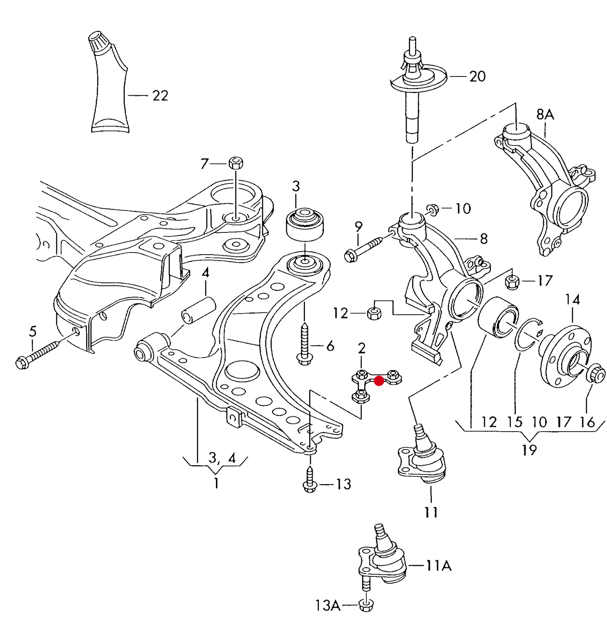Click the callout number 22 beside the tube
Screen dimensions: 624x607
160,96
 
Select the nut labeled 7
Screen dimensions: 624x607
236,162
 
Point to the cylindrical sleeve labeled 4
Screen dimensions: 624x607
198,311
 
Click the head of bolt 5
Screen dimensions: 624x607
22,362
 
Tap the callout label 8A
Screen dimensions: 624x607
545,114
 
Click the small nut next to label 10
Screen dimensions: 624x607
433,208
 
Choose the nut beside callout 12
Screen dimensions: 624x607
373,313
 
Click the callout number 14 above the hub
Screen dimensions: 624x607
572,300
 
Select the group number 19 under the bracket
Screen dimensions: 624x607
529,450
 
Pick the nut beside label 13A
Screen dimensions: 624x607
366,605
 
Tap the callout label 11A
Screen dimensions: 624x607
439,566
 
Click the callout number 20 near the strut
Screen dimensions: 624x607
477,76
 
